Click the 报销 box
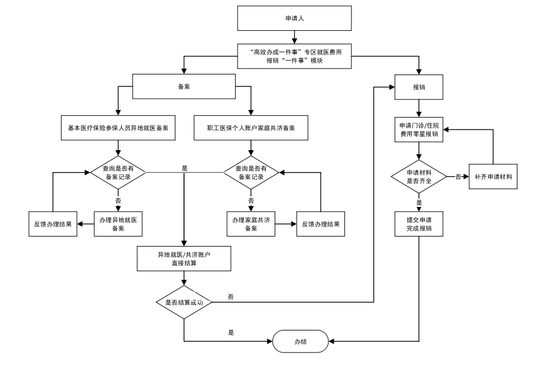click(419, 86)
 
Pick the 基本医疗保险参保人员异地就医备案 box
click(118, 127)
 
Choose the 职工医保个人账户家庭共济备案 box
click(251, 127)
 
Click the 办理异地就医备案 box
click(118, 224)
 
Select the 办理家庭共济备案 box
click(251, 224)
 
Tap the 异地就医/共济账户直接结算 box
click(184, 258)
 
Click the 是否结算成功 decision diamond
click(184, 302)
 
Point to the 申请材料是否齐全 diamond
click(419, 176)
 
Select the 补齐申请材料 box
click(493, 176)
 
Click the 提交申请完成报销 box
click(419, 224)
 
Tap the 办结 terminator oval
click(301, 342)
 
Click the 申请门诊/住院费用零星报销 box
click(419, 129)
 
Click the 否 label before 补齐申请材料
click(458, 176)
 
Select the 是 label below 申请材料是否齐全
click(419, 202)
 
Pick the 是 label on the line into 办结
click(231, 333)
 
